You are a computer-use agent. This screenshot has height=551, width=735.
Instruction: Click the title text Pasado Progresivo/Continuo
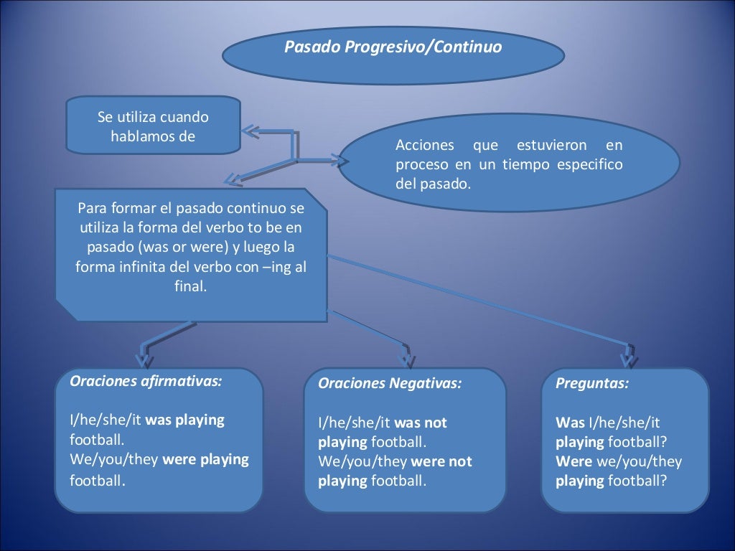pyautogui.click(x=393, y=47)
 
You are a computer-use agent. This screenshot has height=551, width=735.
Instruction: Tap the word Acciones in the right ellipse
pyautogui.click(x=425, y=146)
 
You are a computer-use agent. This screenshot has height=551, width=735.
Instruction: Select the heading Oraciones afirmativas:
pyautogui.click(x=146, y=381)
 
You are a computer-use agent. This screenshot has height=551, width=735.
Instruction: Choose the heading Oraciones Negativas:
pyautogui.click(x=390, y=383)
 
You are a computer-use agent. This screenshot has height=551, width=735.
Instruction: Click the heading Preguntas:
pyautogui.click(x=592, y=383)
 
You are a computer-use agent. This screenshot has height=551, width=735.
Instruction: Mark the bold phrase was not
pyautogui.click(x=421, y=423)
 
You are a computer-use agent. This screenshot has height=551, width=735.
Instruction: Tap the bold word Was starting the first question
pyautogui.click(x=570, y=423)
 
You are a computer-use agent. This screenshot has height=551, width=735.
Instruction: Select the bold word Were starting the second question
pyautogui.click(x=574, y=461)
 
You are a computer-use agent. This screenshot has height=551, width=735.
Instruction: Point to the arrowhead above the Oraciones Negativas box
pyautogui.click(x=406, y=357)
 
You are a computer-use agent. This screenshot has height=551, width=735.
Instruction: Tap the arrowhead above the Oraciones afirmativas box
pyautogui.click(x=144, y=356)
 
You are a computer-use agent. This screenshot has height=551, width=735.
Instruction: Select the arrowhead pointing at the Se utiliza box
pyautogui.click(x=249, y=131)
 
